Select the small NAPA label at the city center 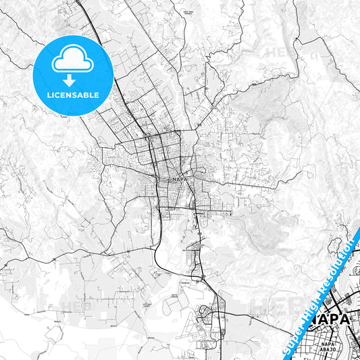pos(179,180)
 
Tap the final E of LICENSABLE pos(97,95)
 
